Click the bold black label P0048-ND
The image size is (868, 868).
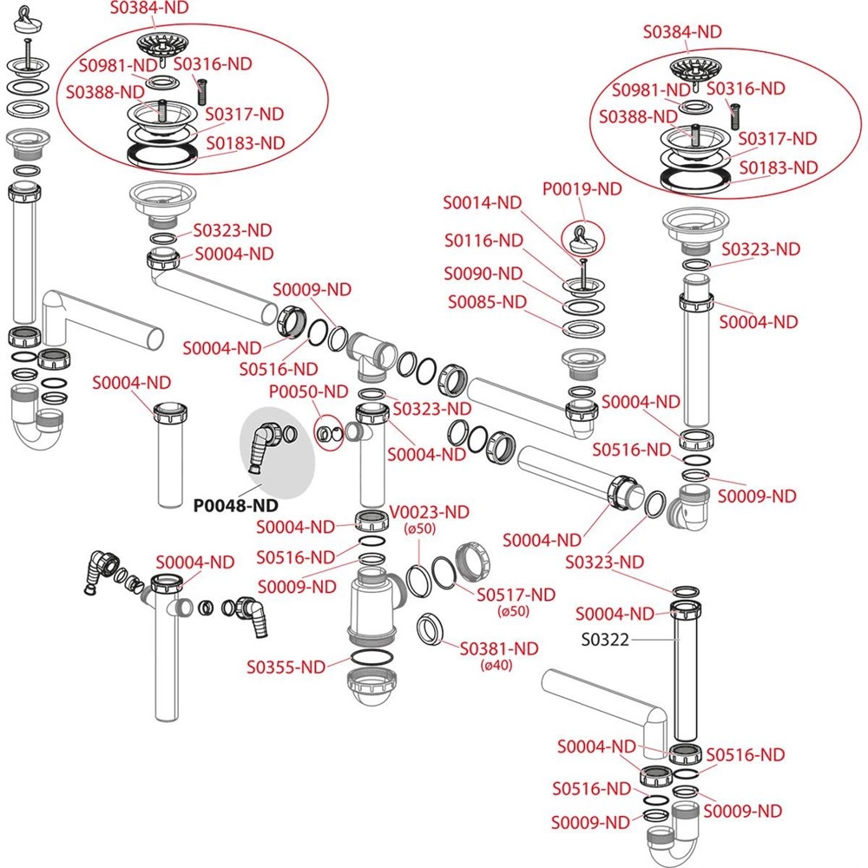(x=236, y=504)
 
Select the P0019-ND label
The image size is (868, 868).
(x=582, y=188)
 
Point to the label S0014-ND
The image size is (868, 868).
(x=483, y=202)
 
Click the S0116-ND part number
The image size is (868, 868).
(x=483, y=240)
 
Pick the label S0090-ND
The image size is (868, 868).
(x=483, y=273)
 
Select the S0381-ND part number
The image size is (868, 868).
(x=499, y=648)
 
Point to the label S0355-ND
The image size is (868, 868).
(x=286, y=667)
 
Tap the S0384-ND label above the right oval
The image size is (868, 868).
(x=682, y=31)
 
